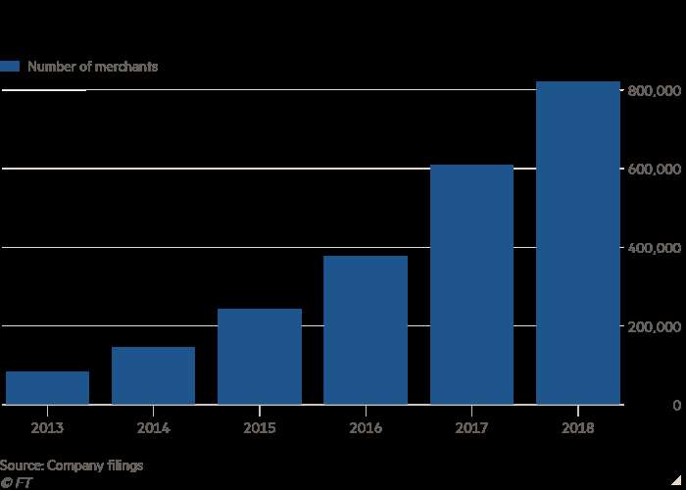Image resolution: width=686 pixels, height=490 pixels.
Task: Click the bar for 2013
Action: tap(47, 388)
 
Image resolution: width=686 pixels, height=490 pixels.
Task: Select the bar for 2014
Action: tap(153, 375)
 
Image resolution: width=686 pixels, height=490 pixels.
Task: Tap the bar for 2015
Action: tap(260, 357)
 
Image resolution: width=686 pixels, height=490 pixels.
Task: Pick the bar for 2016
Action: tap(366, 330)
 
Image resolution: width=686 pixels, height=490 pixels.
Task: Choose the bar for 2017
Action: tap(471, 284)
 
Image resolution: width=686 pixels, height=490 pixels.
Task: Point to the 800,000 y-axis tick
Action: tap(654, 90)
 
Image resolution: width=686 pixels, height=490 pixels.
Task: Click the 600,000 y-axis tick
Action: tap(654, 169)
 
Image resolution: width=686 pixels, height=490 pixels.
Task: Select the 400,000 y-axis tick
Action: tap(654, 247)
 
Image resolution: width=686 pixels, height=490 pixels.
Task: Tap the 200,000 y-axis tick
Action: tap(654, 325)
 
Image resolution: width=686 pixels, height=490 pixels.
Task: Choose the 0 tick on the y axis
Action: tap(676, 405)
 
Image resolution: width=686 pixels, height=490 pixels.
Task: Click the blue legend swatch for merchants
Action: tap(11, 67)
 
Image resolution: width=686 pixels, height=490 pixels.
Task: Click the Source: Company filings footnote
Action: tap(72, 465)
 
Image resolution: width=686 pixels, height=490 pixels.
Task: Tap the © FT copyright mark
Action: tap(15, 482)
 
